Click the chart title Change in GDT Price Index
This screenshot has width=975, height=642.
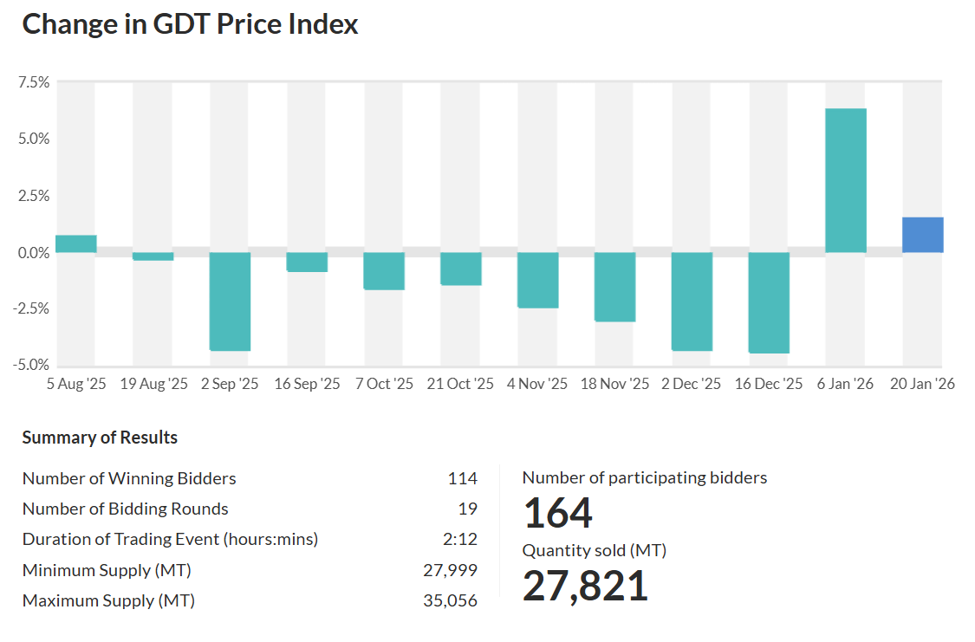[x=190, y=24]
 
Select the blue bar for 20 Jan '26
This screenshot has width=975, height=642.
[x=922, y=235]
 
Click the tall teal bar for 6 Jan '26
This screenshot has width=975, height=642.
[x=845, y=180]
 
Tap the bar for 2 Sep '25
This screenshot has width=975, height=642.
[x=230, y=301]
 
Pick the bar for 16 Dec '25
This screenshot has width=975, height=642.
[x=769, y=302]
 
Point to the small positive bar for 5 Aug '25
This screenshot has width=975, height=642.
[x=75, y=243]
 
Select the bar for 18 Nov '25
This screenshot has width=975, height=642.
[x=614, y=287]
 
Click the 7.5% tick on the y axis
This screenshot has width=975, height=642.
[x=33, y=82]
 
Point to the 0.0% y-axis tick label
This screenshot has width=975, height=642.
[x=33, y=253]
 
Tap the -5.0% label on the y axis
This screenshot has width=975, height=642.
[x=31, y=365]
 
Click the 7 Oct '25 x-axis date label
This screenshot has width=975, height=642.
[x=384, y=384]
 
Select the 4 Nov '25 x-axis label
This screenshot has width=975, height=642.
[x=537, y=384]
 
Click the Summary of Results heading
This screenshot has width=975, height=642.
[x=100, y=438]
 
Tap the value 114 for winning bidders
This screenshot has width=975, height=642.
[x=462, y=478]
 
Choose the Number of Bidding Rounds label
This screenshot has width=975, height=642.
[x=126, y=509]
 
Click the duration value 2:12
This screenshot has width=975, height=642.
[x=459, y=539]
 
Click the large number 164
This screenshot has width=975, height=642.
[x=557, y=513]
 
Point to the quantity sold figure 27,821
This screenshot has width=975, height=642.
[x=585, y=586]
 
